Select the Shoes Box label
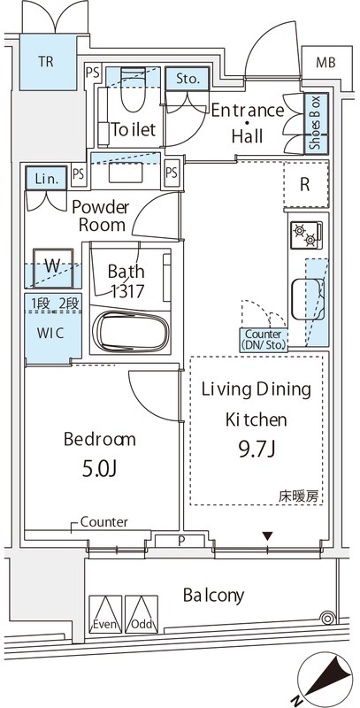pos(313,124)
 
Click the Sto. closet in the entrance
pos(186,79)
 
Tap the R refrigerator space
pos(304,186)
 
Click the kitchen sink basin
pos(305,290)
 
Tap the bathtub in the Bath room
pos(131,332)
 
